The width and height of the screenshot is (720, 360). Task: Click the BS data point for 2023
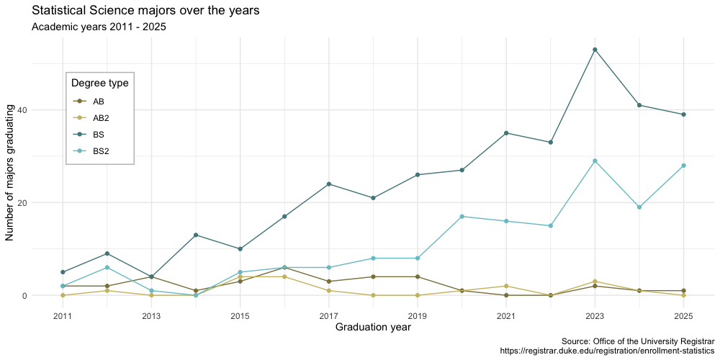(595, 50)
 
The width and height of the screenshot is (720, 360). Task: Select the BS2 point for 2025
(683, 166)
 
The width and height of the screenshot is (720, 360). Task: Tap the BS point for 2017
(329, 184)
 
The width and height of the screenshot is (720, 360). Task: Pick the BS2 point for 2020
(462, 217)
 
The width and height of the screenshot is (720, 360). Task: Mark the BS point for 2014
(196, 235)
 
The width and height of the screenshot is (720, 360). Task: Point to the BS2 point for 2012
(107, 268)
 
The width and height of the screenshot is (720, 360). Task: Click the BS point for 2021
(506, 133)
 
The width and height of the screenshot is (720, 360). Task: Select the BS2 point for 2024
(639, 207)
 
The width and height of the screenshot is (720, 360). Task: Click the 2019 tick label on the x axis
(418, 316)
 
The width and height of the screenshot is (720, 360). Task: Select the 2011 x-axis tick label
(63, 316)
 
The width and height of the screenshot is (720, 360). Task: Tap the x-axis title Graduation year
(373, 328)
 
